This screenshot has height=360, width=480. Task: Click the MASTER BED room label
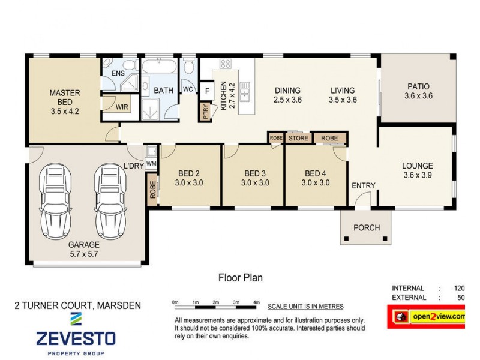tap(65, 101)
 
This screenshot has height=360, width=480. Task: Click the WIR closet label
tap(122, 107)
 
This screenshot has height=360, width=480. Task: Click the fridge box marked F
tap(207, 90)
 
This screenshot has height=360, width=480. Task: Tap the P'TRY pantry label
tap(206, 112)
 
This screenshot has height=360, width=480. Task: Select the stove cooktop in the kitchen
tap(226, 64)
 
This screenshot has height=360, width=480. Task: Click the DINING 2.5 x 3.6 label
tap(286, 95)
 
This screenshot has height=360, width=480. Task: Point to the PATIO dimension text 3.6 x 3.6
tap(418, 95)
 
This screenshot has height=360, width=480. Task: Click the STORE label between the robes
tap(298, 139)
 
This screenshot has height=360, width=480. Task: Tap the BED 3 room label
tap(254, 178)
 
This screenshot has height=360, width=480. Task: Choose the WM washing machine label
tap(151, 163)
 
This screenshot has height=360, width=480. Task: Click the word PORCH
tap(366, 227)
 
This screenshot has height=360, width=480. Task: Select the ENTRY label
tap(363, 186)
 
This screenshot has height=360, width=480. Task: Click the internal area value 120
tap(460, 288)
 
